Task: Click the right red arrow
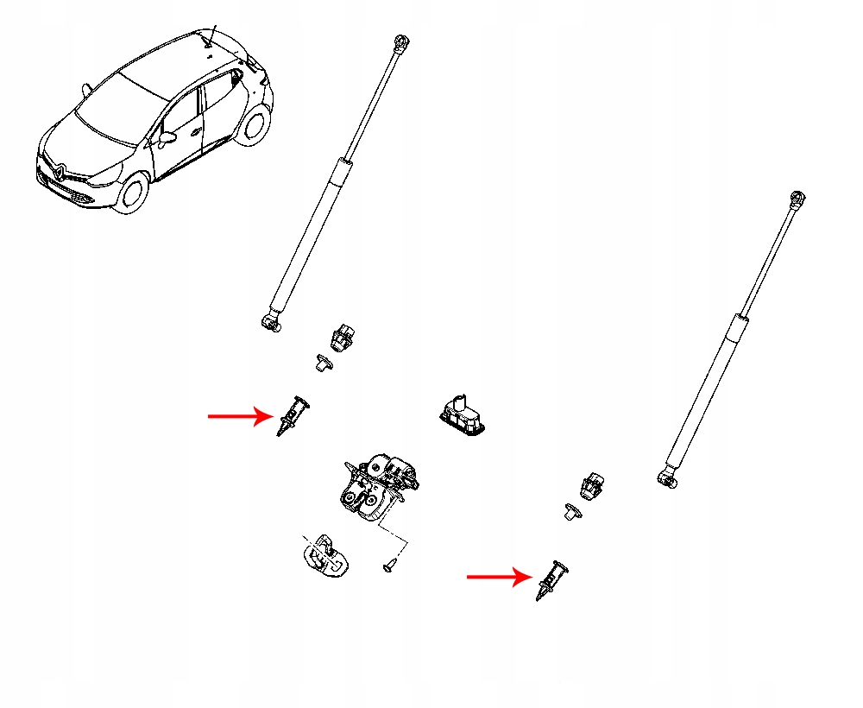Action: (x=498, y=576)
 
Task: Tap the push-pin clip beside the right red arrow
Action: (x=552, y=578)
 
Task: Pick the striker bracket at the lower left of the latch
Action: (x=324, y=554)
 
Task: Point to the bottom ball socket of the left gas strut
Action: (x=272, y=322)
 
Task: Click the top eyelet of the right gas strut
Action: (x=798, y=199)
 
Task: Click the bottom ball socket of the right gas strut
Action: (x=666, y=476)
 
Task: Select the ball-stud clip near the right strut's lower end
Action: (x=591, y=485)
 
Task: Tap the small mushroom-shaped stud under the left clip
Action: (x=323, y=363)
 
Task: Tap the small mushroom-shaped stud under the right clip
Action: (x=573, y=511)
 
